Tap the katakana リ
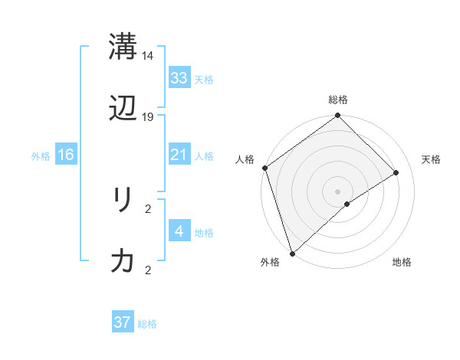[x=123, y=200]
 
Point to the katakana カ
[x=123, y=262]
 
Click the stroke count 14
[x=148, y=56]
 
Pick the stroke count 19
[x=148, y=117]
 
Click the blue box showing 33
[x=179, y=77]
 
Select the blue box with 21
[x=179, y=155]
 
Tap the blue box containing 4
[x=179, y=231]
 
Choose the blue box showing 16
[x=66, y=155]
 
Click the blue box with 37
[x=123, y=322]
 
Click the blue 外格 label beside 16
[x=41, y=156]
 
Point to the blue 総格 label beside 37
[x=147, y=324]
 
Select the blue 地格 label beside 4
[x=204, y=233]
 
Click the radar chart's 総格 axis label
[x=338, y=100]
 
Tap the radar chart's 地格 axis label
[x=402, y=263]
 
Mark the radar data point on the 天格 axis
[x=396, y=172]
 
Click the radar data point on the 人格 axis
[x=264, y=168]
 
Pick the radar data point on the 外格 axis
[x=291, y=253]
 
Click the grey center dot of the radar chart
[x=337, y=191]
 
